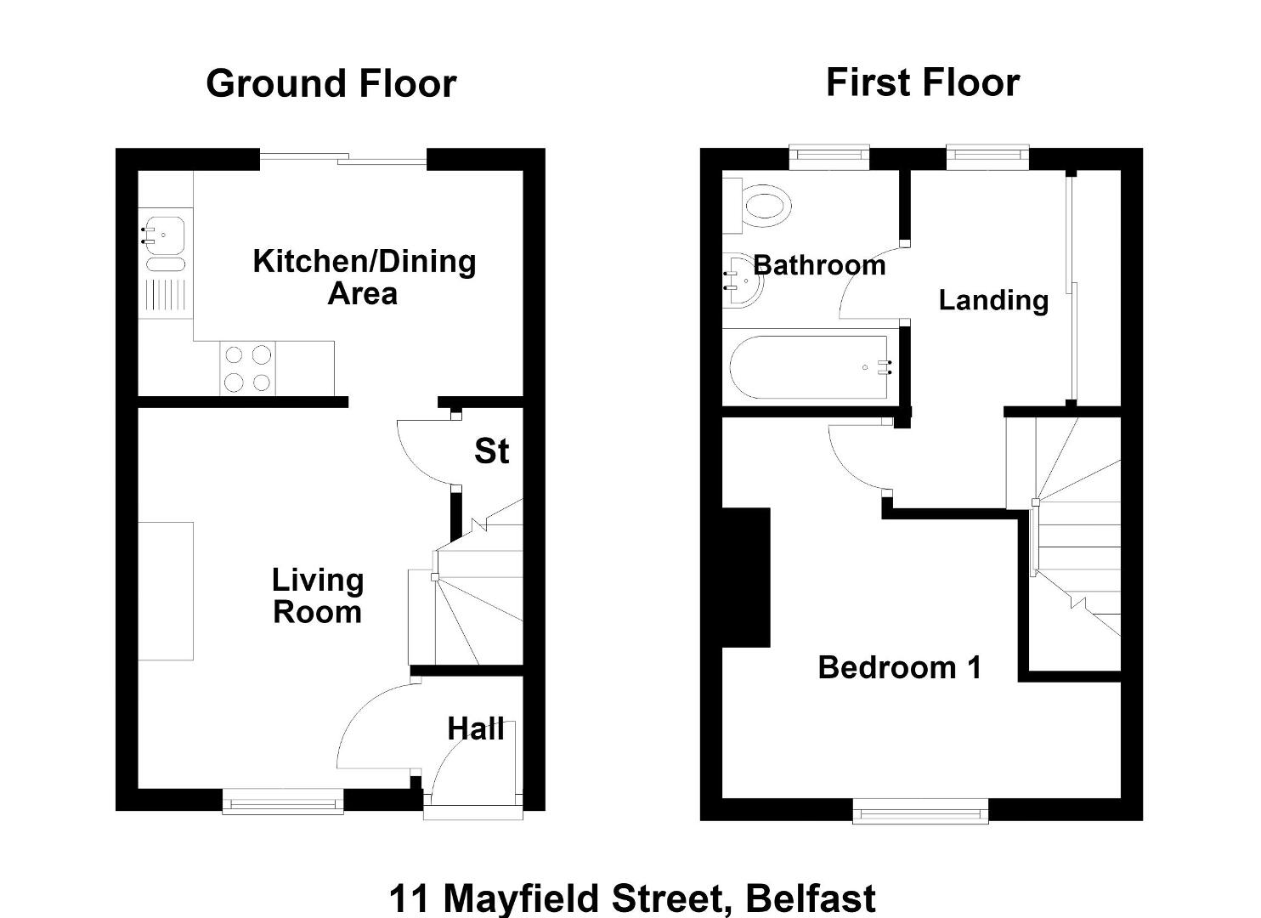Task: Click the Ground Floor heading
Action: (x=331, y=84)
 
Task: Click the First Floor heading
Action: (x=923, y=82)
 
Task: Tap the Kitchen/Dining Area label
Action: (x=365, y=277)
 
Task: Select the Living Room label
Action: (x=318, y=596)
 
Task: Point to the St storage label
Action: (x=491, y=451)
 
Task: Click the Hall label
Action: (x=476, y=728)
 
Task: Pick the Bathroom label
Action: (x=819, y=265)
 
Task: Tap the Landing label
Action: (x=993, y=300)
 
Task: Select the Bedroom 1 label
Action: (x=900, y=667)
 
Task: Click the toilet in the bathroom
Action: (x=756, y=206)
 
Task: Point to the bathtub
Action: (x=811, y=368)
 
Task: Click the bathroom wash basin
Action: (x=743, y=280)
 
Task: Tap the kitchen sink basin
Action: (x=164, y=235)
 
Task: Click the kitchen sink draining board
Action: (x=166, y=295)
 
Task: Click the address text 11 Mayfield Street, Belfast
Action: (x=632, y=898)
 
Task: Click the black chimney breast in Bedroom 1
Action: (x=746, y=578)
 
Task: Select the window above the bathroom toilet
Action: (x=829, y=158)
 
